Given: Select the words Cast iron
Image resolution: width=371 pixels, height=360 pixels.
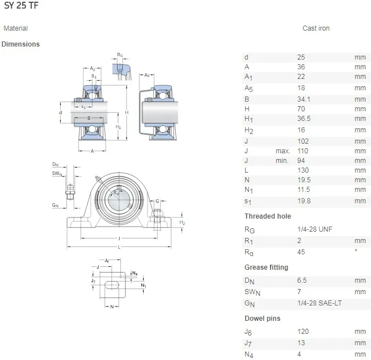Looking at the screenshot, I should click(315, 28).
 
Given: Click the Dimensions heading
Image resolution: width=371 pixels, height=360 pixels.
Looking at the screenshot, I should click(20, 44).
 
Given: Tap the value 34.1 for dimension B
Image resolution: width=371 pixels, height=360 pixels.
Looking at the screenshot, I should click(305, 99).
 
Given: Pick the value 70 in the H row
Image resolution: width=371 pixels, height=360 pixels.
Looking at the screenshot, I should click(301, 108).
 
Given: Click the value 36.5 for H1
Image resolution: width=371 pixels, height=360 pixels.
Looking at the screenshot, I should click(305, 119).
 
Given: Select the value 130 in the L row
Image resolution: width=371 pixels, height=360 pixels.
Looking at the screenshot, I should click(302, 170).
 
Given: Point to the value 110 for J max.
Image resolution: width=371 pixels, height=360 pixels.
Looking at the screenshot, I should click(302, 151).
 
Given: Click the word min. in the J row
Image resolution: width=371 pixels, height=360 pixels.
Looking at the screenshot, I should click(283, 161).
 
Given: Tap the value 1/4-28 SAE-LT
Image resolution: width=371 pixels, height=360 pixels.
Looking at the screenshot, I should click(319, 303).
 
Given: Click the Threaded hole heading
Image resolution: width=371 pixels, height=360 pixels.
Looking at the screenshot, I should click(267, 216).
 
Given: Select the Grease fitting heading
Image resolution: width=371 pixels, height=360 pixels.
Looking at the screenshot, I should click(266, 267).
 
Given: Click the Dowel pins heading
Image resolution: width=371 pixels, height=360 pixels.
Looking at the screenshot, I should click(262, 319).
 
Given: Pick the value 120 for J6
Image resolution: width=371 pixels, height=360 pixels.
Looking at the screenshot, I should click(302, 332).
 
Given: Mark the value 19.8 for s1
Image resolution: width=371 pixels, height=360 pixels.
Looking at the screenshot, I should click(305, 200).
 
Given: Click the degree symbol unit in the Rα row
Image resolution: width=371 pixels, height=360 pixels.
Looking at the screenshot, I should click(356, 250).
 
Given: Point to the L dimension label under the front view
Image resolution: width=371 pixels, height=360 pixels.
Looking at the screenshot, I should click(119, 248).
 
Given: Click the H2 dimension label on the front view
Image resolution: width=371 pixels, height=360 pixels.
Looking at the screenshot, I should click(182, 223).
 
